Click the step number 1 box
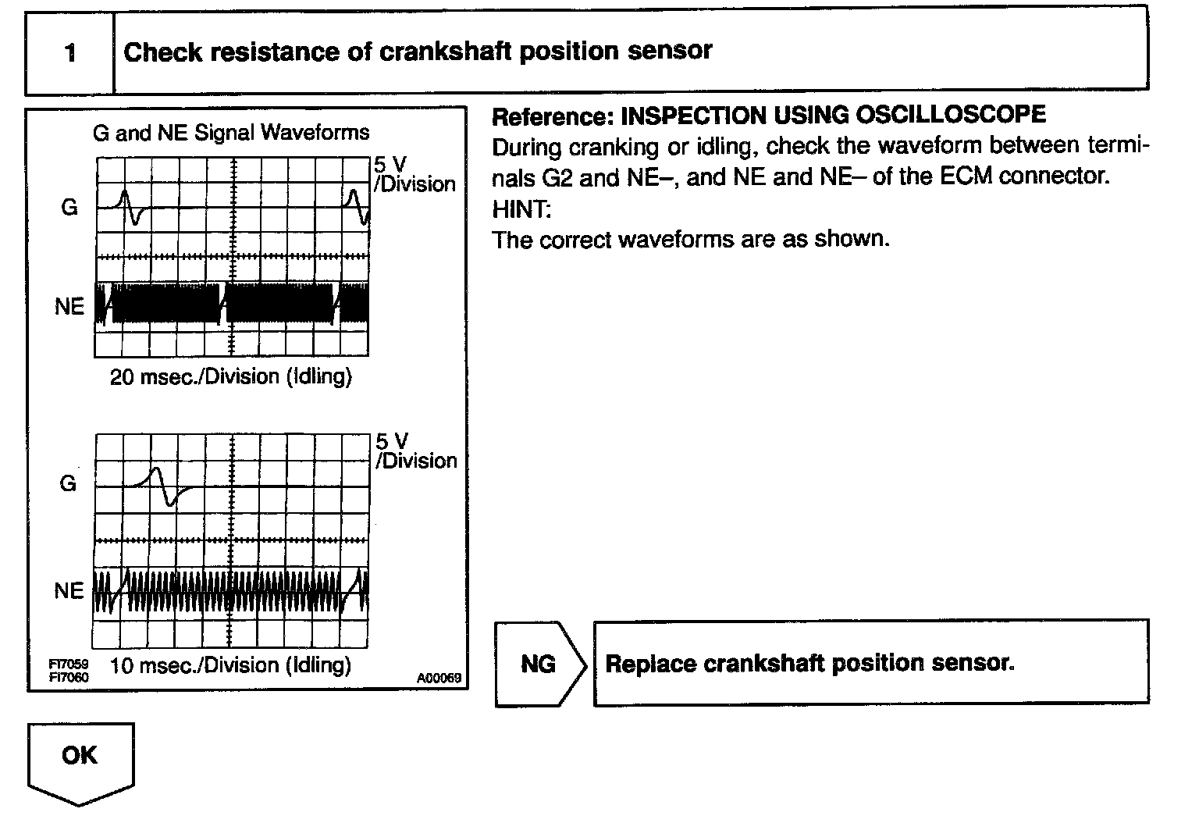point(70,53)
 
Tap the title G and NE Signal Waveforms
point(231,132)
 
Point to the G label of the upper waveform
point(69,208)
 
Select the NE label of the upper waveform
point(69,307)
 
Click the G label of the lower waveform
point(69,484)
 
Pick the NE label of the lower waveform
point(69,591)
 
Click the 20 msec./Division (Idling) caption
point(231,377)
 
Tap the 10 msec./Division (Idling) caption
point(231,665)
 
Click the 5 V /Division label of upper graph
point(414,175)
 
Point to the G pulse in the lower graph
point(164,486)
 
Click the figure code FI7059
point(69,664)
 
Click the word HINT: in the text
point(521,208)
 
